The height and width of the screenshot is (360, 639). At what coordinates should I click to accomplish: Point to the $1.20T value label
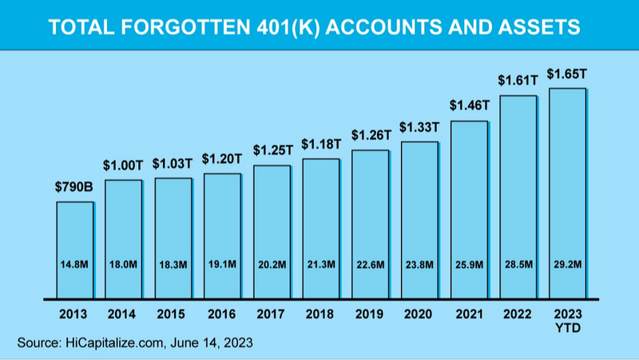[223, 158]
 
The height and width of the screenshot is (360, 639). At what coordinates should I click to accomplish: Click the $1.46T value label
[469, 106]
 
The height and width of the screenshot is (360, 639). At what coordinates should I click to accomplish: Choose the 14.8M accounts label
[74, 265]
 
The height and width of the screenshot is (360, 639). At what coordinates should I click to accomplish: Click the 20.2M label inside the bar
[272, 265]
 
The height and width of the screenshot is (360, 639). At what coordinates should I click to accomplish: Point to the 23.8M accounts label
[420, 265]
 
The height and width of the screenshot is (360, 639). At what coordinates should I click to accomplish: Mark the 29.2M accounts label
[568, 265]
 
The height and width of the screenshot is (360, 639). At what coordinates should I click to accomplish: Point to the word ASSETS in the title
[541, 27]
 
